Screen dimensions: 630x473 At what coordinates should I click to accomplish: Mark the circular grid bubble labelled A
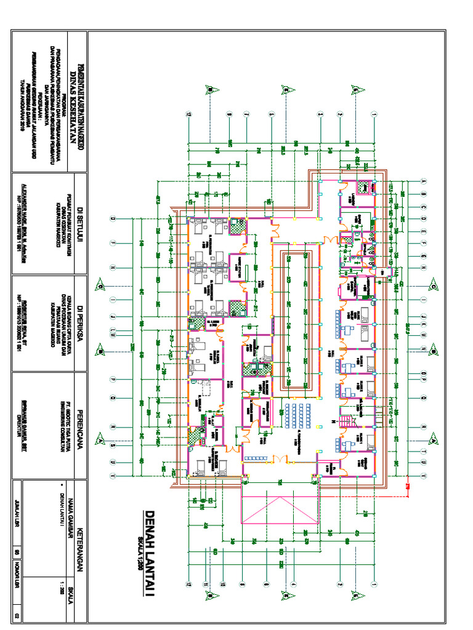[424, 181]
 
